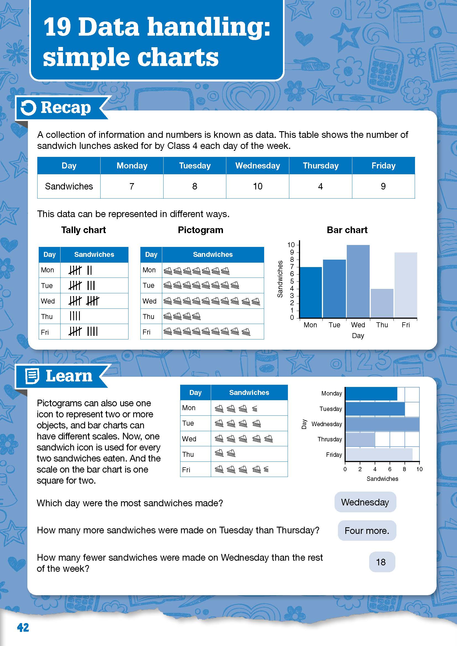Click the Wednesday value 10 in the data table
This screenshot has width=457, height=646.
(x=258, y=186)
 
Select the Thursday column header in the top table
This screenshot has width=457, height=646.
(x=321, y=165)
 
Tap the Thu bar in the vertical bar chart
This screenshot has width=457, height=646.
(x=382, y=303)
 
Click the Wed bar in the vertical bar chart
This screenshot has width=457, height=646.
(x=358, y=281)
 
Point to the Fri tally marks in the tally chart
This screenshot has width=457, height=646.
(x=83, y=331)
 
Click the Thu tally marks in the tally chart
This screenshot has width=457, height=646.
(x=75, y=316)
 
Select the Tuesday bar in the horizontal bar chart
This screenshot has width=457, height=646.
(x=375, y=409)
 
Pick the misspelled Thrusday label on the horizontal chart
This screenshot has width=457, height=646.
(x=330, y=439)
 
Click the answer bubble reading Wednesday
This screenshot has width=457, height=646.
(x=365, y=502)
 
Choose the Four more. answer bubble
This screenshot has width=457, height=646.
(x=367, y=531)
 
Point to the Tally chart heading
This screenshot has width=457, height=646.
(x=83, y=230)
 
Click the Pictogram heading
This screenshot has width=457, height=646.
(x=200, y=230)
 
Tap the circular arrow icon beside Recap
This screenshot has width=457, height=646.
(x=28, y=108)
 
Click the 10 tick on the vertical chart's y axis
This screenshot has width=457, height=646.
(x=291, y=245)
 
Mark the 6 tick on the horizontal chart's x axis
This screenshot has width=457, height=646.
(x=390, y=469)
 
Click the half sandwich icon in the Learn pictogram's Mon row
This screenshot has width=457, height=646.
(x=255, y=408)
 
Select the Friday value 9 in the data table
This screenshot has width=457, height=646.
(x=383, y=186)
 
